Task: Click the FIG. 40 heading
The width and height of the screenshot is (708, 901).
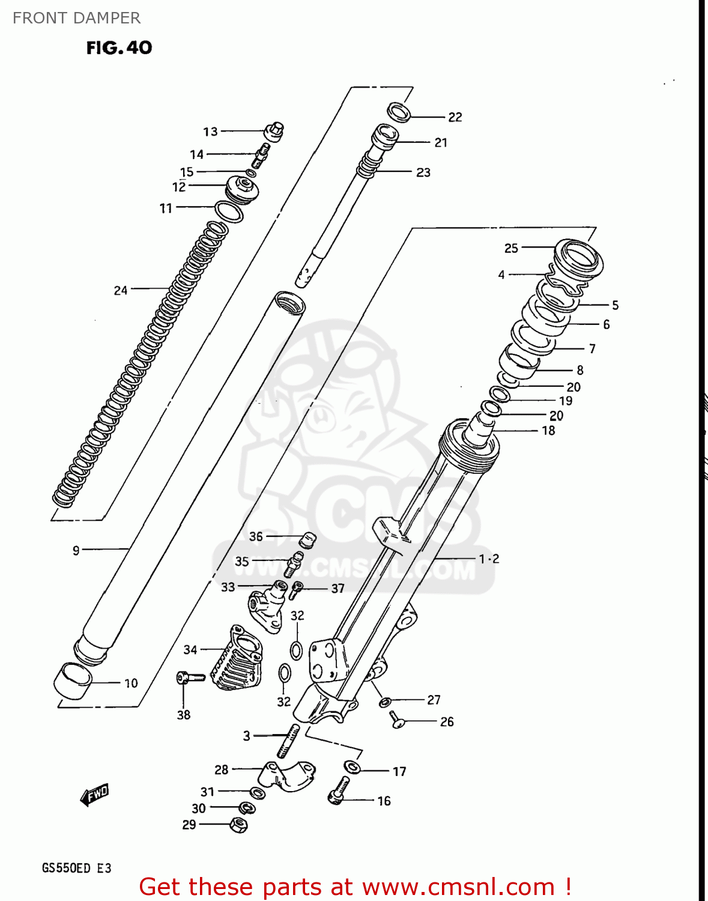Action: click(119, 48)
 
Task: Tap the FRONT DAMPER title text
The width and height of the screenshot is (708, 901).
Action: click(76, 18)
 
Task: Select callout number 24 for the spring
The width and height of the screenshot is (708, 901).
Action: click(121, 291)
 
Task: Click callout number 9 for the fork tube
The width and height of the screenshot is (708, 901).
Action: click(76, 550)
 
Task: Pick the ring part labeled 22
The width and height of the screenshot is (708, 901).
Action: click(399, 112)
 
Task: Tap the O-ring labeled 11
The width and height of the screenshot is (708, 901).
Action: click(229, 211)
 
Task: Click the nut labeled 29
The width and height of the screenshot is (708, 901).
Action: click(238, 825)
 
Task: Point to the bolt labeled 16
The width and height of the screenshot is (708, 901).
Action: click(339, 790)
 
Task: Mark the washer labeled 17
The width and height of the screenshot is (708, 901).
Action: click(352, 767)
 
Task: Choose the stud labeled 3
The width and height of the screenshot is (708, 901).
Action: click(288, 741)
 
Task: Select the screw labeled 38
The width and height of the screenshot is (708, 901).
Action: click(190, 678)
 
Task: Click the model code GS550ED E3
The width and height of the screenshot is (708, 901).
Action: click(76, 868)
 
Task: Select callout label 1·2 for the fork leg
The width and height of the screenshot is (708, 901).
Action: click(489, 559)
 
